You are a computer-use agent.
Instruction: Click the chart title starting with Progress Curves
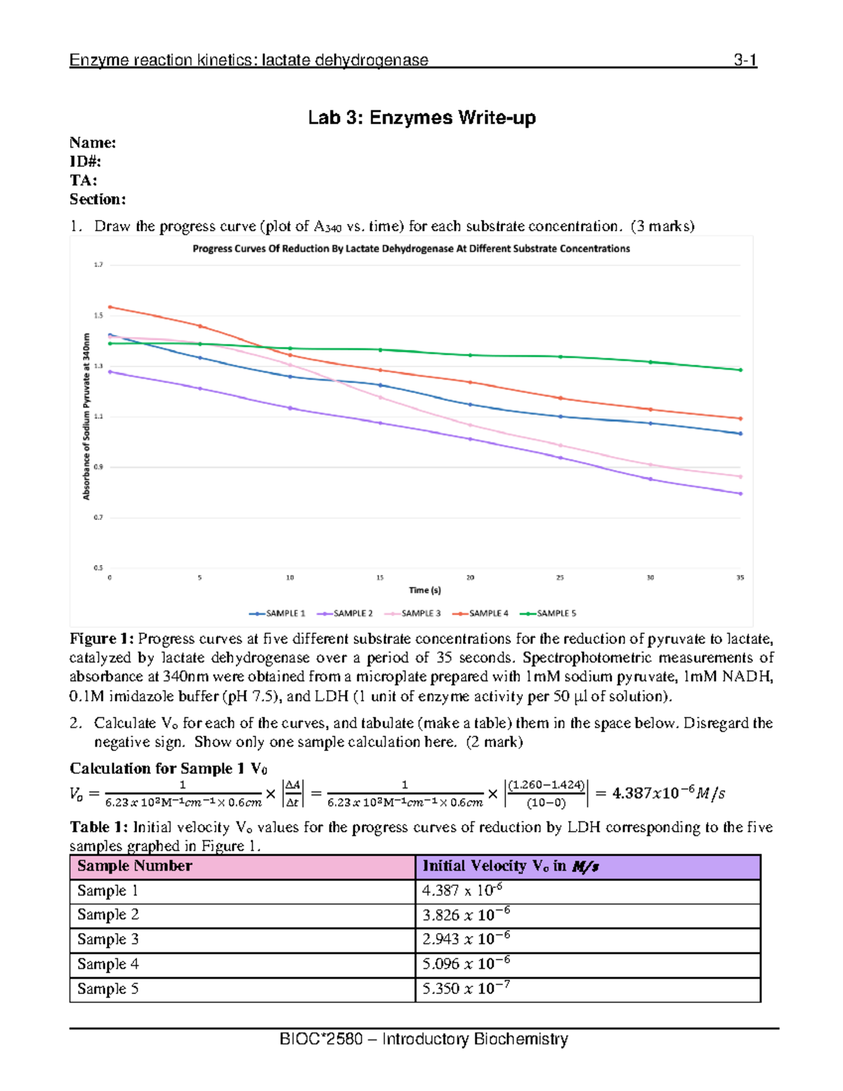[x=411, y=249]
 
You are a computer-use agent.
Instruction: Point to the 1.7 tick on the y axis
[x=98, y=265]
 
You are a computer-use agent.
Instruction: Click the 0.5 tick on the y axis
[x=98, y=568]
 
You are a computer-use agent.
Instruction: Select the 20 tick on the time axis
[x=470, y=577]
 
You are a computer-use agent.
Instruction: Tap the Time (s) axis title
[x=425, y=590]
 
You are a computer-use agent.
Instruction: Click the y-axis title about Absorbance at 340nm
[x=86, y=416]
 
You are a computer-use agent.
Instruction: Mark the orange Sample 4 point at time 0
[x=110, y=307]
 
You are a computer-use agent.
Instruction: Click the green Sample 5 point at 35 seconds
[x=740, y=370]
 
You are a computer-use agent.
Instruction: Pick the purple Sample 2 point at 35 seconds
[x=740, y=494]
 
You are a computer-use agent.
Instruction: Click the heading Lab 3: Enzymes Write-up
[x=421, y=117]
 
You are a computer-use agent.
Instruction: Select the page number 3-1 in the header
[x=745, y=60]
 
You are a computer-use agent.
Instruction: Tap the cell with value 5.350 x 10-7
[x=466, y=988]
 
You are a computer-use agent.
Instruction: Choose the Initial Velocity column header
[x=510, y=866]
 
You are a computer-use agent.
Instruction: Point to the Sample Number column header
[x=134, y=866]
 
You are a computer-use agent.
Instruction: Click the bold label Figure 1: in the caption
[x=101, y=639]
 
